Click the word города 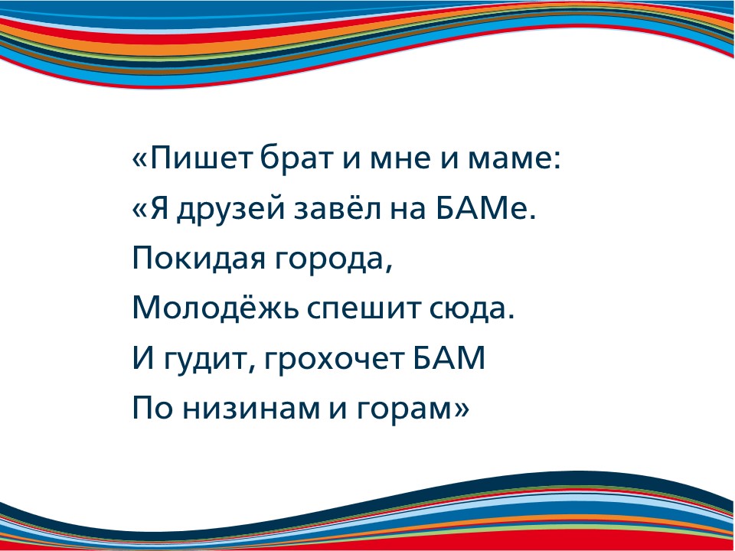pos(329,262)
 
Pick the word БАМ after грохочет pos(449,358)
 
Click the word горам pos(404,412)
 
